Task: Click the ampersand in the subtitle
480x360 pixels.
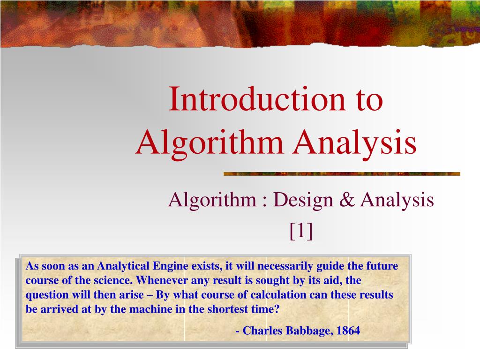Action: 348,200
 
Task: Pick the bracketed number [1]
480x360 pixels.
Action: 301,230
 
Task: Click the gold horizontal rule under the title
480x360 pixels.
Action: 342,173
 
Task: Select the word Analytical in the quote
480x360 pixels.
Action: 124,266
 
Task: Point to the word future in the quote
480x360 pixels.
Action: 382,266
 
